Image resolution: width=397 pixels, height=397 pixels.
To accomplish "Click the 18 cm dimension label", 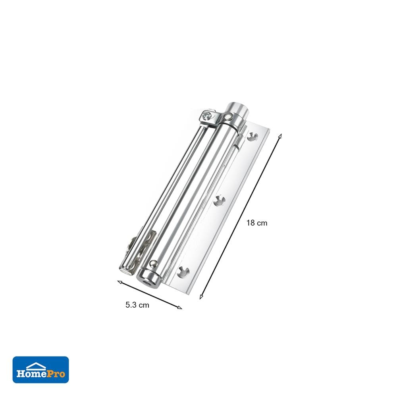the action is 257,223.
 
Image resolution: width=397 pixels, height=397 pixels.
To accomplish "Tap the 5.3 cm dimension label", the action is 137,305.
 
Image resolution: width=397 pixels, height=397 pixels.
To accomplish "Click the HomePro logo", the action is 41,370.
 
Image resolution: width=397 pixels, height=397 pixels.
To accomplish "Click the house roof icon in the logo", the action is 36,366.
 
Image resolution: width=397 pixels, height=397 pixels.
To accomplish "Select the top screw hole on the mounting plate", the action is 252,137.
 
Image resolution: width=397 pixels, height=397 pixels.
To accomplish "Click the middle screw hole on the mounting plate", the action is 219,201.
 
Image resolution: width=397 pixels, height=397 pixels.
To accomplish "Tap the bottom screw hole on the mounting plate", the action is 183,272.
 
